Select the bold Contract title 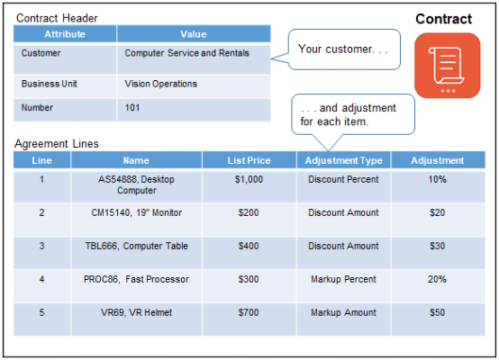(443, 19)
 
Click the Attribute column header (65, 34)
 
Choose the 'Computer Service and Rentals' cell (194, 54)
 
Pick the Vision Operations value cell (194, 84)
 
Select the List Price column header (249, 160)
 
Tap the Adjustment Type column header (343, 160)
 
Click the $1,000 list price (249, 179)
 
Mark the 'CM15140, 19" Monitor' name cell (136, 212)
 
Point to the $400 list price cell (249, 246)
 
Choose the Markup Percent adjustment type (343, 279)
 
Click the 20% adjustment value (437, 279)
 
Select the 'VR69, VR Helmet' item (136, 312)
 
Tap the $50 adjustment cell (437, 312)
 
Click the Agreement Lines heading (57, 143)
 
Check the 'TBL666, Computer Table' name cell (136, 246)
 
